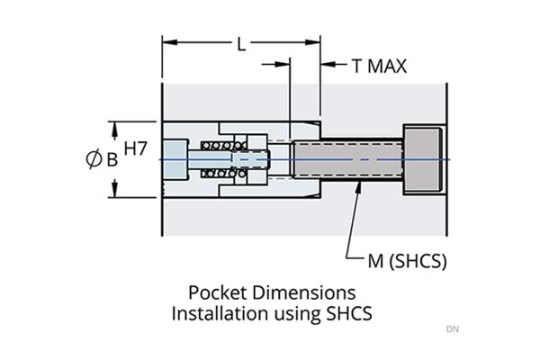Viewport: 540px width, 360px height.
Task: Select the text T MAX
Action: coord(379,66)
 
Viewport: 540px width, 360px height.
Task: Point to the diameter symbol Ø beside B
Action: coord(93,159)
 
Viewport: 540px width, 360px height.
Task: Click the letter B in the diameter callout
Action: coord(112,160)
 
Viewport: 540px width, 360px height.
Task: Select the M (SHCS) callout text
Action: coord(407,261)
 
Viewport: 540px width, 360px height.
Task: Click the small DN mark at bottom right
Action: coord(452,329)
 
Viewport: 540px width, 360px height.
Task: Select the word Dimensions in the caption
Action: coord(301,293)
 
